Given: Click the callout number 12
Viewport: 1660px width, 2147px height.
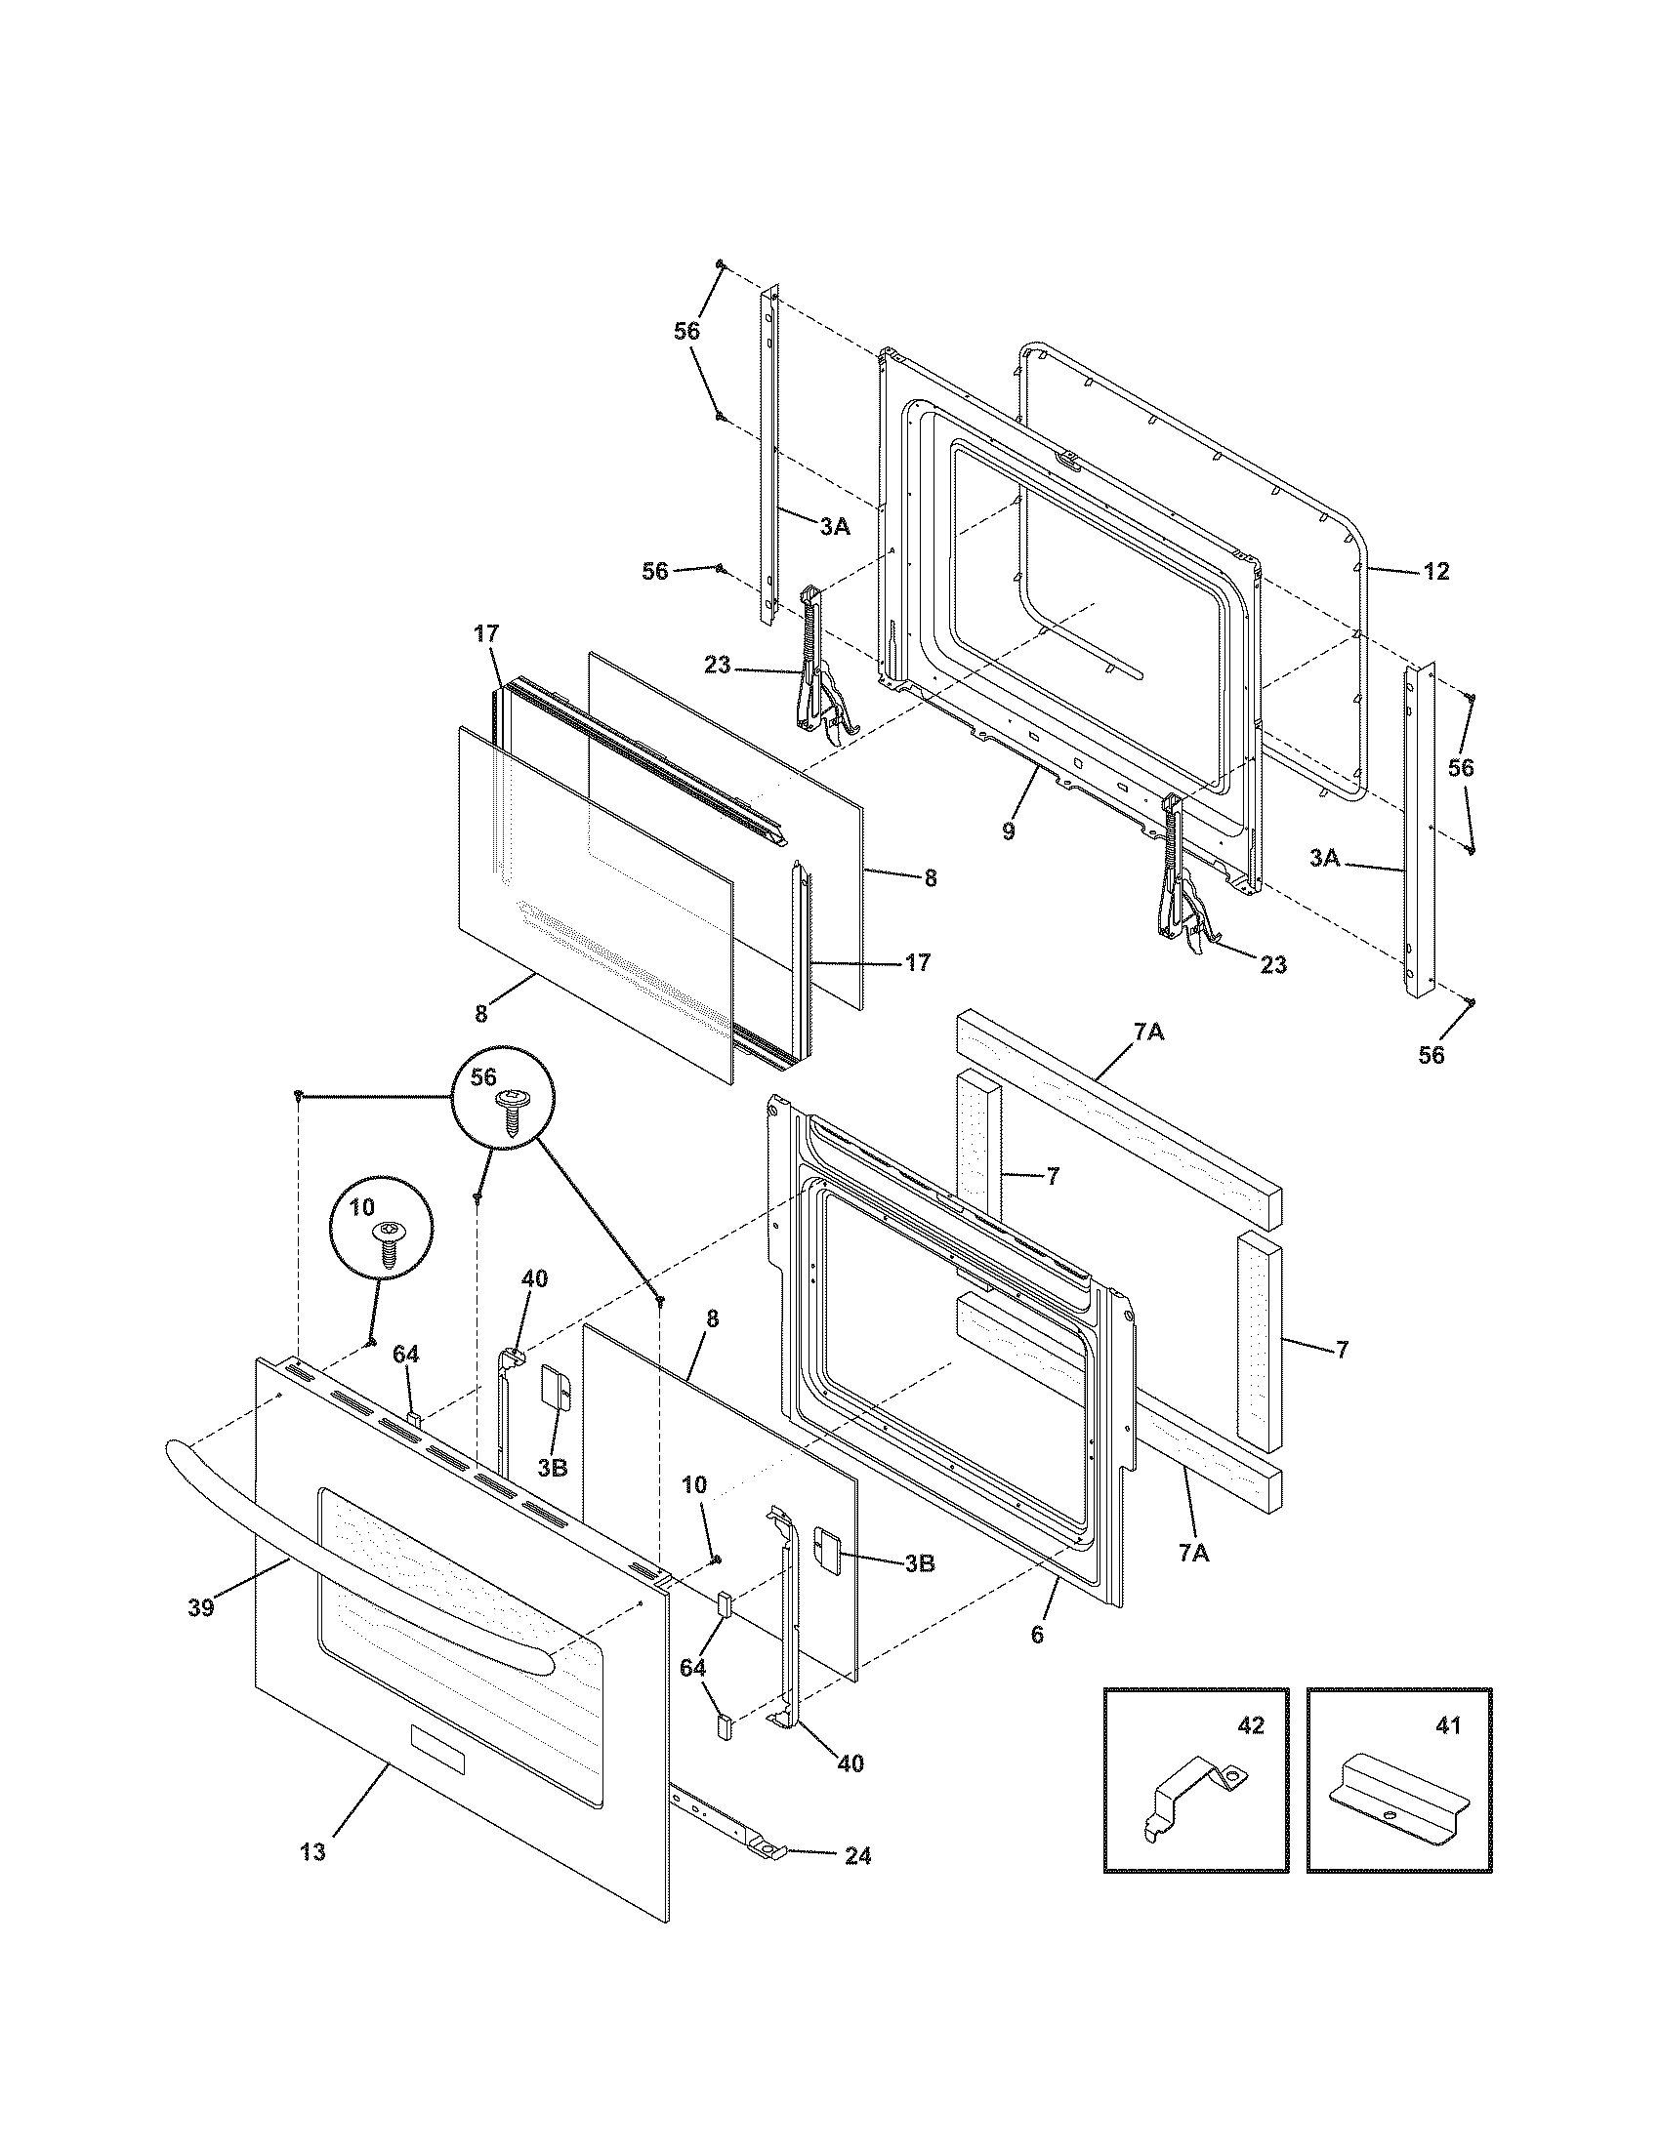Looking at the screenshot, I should point(1436,571).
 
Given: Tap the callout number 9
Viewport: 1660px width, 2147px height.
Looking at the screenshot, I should point(1009,830).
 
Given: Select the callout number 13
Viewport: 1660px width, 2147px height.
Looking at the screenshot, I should point(312,1852).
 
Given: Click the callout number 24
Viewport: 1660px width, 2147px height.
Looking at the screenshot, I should point(857,1855).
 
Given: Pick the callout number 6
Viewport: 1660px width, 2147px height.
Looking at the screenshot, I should point(1037,1634).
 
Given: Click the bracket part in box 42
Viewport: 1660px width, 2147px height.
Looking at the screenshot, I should point(1194,1795).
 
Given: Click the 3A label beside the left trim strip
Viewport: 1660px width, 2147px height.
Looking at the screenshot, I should point(834,527).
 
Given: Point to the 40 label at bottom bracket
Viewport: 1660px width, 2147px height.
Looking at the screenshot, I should point(851,1763).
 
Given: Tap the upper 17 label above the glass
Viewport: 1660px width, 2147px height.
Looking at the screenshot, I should point(488,635).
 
